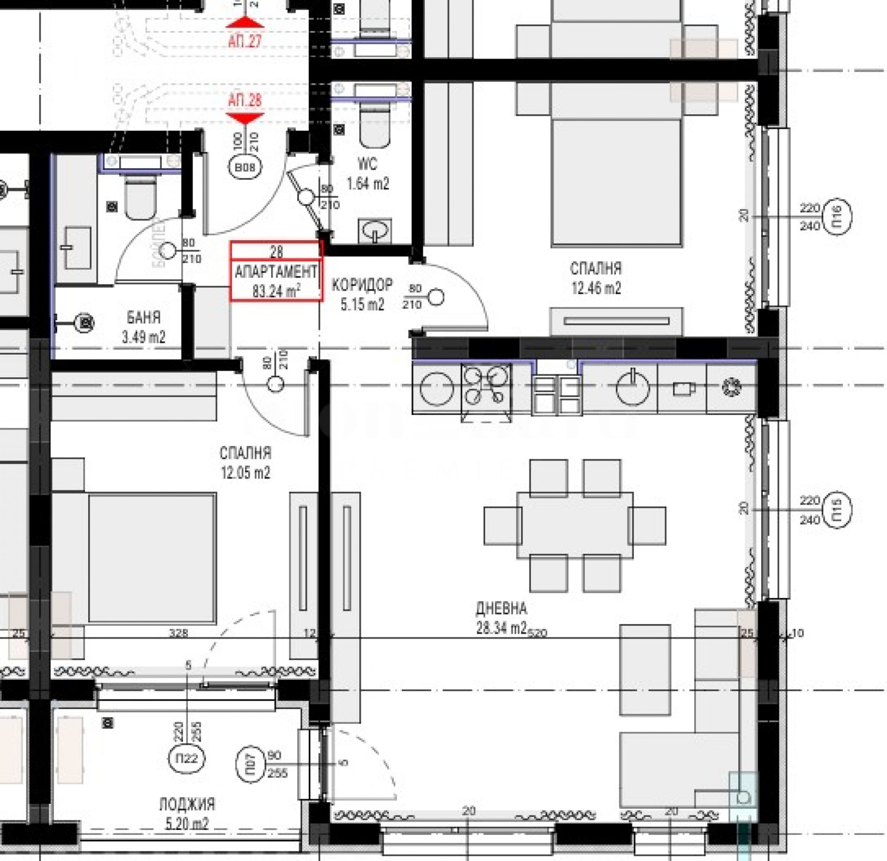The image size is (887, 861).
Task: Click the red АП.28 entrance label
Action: point(244,100)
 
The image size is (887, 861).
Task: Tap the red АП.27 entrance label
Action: point(244,40)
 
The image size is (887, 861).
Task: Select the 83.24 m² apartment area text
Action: point(276,291)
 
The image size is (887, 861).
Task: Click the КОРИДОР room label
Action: point(361,285)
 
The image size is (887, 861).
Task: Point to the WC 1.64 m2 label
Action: point(368,174)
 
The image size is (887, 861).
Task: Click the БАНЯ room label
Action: point(144,317)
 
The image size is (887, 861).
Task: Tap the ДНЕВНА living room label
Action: point(501,608)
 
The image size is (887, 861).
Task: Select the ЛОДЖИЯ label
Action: point(187,804)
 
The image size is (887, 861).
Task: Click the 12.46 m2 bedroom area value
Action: point(596,288)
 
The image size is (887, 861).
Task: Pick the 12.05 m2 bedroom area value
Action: point(246,473)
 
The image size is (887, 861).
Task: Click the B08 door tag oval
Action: point(244,167)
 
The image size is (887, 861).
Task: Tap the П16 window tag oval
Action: point(837,216)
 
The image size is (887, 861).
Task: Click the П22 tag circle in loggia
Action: point(186,758)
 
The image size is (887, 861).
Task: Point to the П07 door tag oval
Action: point(251,765)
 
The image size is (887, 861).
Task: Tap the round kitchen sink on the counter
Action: point(632,388)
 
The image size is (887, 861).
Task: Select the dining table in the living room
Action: point(574,524)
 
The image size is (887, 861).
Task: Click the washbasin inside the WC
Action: point(375,230)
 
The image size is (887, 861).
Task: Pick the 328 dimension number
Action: point(179,632)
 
